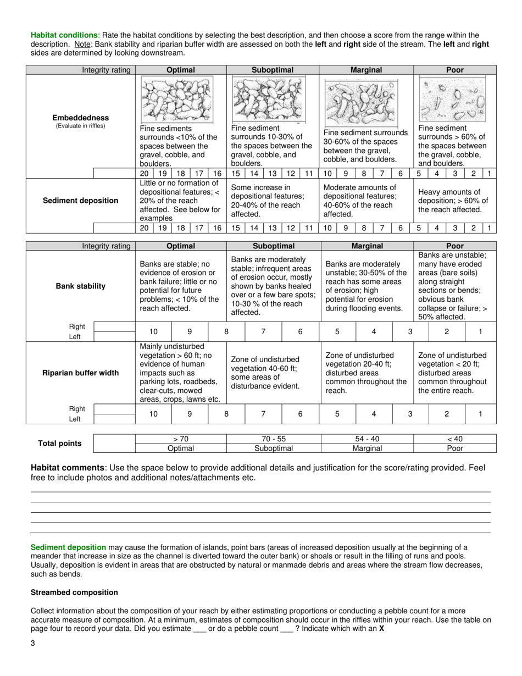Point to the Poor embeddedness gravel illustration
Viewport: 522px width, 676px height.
tap(454, 99)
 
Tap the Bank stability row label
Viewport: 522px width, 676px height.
tap(80, 286)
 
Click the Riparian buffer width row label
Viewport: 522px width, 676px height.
tap(80, 373)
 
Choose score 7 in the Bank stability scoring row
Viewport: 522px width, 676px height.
tap(263, 331)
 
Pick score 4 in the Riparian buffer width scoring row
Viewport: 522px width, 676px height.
tap(374, 414)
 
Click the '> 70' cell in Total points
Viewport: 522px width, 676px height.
tap(180, 439)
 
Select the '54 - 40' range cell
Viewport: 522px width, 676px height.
tap(366, 439)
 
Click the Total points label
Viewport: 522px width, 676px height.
tap(59, 444)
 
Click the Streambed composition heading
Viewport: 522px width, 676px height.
tap(74, 592)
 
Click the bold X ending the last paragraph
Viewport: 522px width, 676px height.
tap(381, 629)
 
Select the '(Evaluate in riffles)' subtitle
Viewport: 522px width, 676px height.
tap(80, 126)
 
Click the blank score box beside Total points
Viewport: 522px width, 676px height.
tap(114, 444)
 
